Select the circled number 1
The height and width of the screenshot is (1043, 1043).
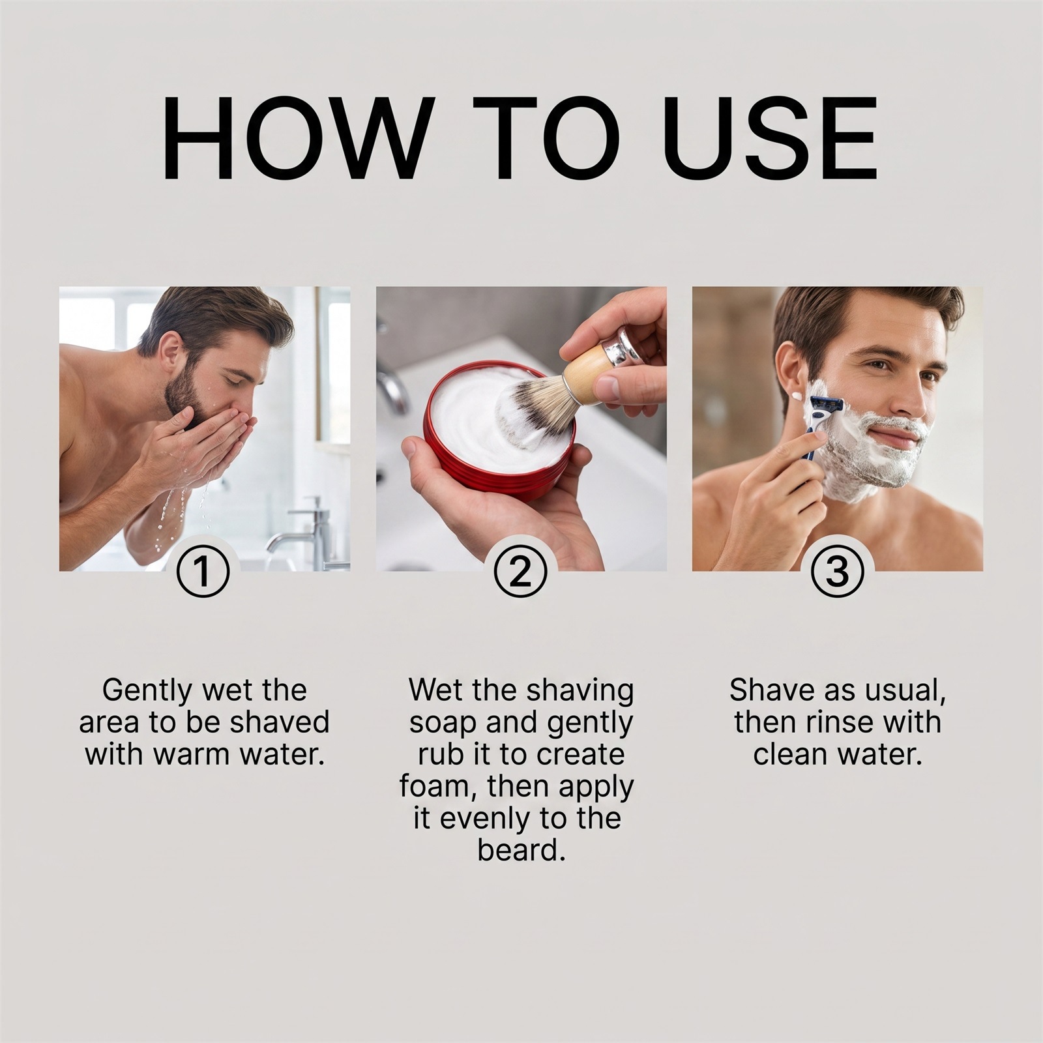pyautogui.click(x=203, y=571)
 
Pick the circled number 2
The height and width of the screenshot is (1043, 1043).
pyautogui.click(x=520, y=571)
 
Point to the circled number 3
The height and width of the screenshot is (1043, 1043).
pyautogui.click(x=837, y=571)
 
